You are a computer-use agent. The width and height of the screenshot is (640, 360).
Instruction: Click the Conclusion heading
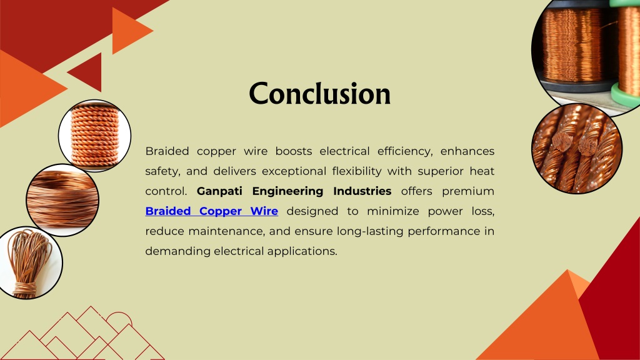[319, 94]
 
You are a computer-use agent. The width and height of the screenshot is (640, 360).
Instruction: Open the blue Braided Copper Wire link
[211, 211]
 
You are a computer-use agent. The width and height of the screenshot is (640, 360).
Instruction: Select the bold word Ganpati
[219, 191]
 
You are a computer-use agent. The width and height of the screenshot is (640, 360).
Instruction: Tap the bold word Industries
[362, 191]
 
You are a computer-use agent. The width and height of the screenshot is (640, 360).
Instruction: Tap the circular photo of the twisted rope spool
[95, 136]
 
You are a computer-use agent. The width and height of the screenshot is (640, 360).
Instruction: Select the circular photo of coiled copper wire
[62, 200]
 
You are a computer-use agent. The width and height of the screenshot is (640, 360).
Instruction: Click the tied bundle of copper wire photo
[29, 262]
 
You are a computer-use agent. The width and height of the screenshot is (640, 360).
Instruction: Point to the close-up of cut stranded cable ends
[577, 148]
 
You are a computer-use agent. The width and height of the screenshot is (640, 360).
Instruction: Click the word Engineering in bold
[287, 191]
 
